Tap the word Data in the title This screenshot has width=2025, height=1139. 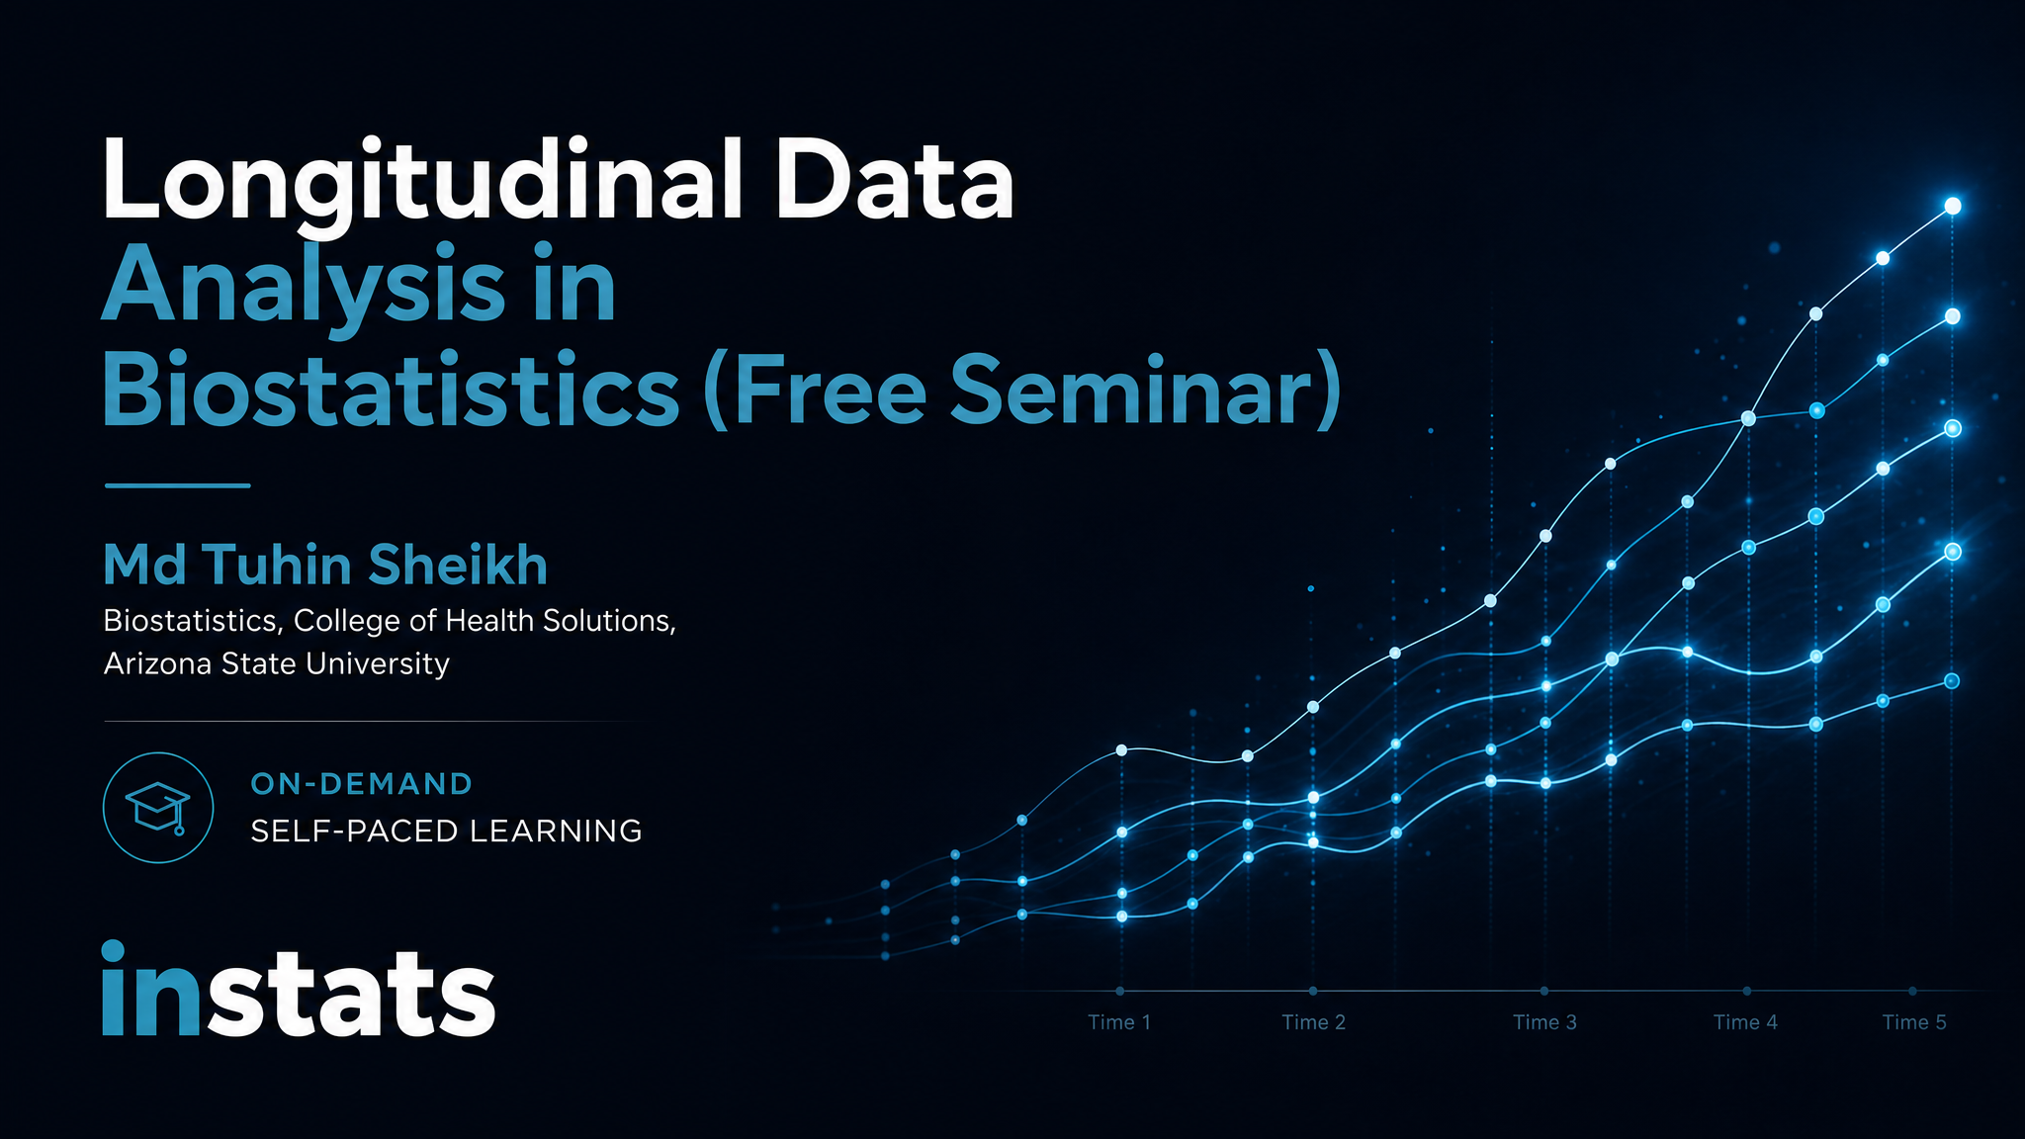(x=895, y=180)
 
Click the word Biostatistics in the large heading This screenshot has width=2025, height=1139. (x=392, y=390)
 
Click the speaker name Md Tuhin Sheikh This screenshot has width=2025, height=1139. (x=325, y=566)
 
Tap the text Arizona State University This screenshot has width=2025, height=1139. (x=277, y=663)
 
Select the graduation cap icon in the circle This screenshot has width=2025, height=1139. (x=158, y=808)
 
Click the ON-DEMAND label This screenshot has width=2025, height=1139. (x=362, y=784)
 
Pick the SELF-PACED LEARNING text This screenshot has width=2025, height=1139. (x=447, y=832)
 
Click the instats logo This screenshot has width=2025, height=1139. (x=299, y=990)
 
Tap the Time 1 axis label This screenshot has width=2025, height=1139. (x=1119, y=1022)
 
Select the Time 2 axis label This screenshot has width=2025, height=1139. (x=1314, y=1022)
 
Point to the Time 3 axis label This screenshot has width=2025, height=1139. (x=1544, y=1022)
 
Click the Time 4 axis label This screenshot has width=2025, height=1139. (x=1745, y=1022)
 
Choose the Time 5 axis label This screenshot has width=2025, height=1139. (x=1914, y=1022)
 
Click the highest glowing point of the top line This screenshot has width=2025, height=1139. (x=1953, y=206)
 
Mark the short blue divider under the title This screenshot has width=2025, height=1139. (x=177, y=485)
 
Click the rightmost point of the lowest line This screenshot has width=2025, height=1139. (x=1952, y=680)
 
